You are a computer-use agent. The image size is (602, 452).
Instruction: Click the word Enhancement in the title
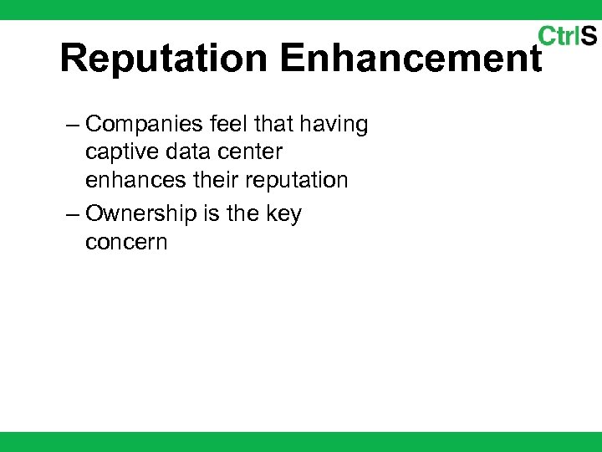[411, 59]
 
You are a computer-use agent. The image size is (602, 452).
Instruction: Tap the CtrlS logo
[567, 36]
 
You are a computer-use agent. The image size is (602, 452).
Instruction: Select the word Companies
[144, 125]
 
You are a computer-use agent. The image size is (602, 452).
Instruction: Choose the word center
[253, 153]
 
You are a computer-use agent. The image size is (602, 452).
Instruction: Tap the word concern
[126, 243]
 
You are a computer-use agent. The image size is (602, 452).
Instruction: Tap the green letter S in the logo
[589, 36]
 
